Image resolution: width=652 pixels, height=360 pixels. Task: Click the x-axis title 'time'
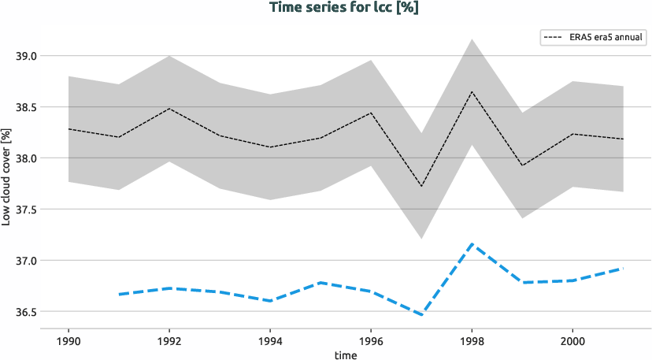click(x=345, y=355)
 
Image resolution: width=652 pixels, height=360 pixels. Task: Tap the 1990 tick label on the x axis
click(x=69, y=340)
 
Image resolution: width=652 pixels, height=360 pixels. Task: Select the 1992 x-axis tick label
click(x=169, y=340)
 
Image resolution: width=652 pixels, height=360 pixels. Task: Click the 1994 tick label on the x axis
click(x=270, y=340)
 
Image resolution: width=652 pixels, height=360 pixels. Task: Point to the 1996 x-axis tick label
click(x=371, y=340)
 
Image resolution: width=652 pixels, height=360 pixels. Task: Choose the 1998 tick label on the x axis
click(x=471, y=340)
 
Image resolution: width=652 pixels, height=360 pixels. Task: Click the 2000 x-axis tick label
click(x=572, y=340)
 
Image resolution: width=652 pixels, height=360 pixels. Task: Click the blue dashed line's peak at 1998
click(x=471, y=244)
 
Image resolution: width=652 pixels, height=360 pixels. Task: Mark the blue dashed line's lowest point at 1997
click(x=421, y=315)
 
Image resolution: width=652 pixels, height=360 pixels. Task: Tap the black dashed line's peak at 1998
click(x=471, y=91)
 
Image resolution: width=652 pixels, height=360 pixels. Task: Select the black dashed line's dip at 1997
click(x=421, y=186)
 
